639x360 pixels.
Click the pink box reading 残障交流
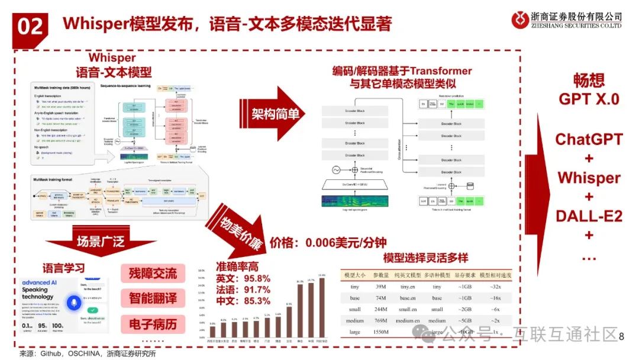click(153, 274)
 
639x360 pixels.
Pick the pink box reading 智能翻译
click(153, 298)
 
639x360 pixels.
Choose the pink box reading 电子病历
click(153, 324)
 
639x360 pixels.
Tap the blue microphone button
click(74, 302)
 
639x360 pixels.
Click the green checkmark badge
click(92, 310)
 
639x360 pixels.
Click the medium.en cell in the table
click(408, 321)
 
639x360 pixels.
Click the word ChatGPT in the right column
click(589, 140)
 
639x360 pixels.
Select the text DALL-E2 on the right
click(589, 216)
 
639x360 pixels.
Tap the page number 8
click(621, 336)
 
